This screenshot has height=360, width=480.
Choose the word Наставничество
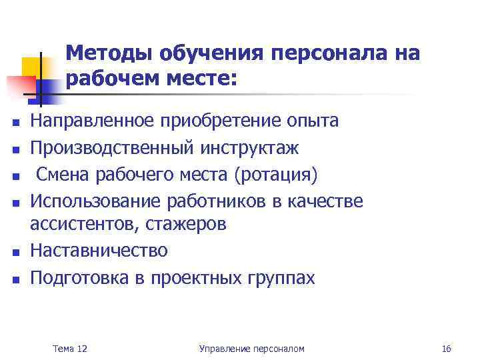tap(99, 251)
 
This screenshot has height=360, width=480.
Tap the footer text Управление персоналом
tap(251, 349)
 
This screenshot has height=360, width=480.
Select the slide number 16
tap(446, 349)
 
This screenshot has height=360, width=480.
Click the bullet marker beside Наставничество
tap(14, 253)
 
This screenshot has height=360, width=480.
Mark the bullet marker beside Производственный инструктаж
tap(14, 148)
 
